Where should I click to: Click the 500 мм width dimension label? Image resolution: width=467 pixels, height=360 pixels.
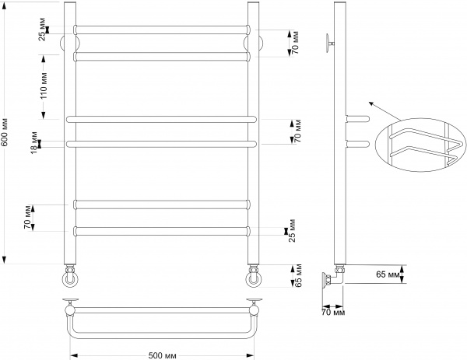pos(162,355)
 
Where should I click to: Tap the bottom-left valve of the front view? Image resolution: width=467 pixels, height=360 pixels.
pos(70,277)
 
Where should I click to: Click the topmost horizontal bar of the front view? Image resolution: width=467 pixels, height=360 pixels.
pos(162,30)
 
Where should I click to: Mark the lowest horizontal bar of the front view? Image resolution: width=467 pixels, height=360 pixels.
pos(162,230)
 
